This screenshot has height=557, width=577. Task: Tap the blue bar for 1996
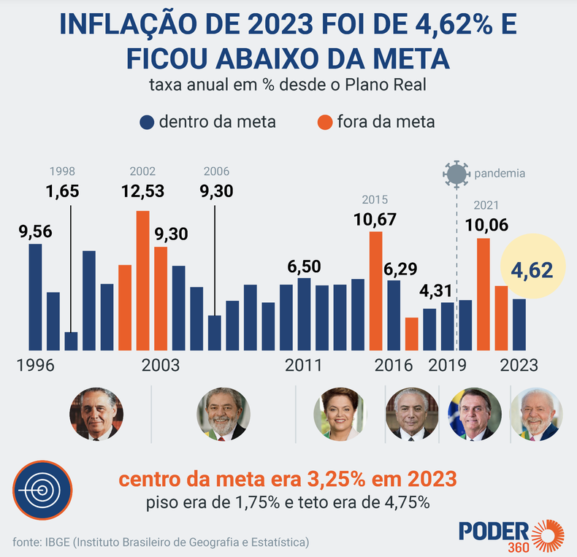coord(35,296)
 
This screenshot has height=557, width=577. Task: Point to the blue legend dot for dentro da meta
coord(147,122)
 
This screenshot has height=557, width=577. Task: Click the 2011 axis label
coord(304,365)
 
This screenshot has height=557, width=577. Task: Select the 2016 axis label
coord(393,365)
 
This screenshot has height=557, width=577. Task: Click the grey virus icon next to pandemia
coord(456,174)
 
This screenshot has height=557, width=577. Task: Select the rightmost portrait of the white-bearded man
coord(536,414)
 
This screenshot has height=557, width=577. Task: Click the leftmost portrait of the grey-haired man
coord(96,414)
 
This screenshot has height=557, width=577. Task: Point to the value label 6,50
coord(304,266)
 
